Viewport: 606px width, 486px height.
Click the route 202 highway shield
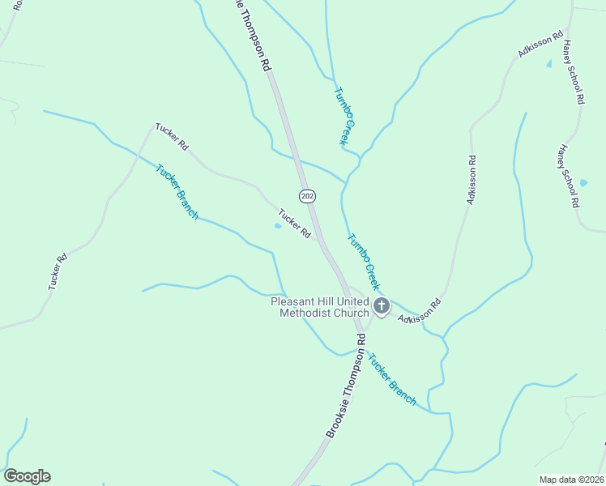tap(307, 196)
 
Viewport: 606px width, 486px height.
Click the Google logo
tap(27, 476)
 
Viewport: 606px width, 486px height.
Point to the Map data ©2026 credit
tap(570, 479)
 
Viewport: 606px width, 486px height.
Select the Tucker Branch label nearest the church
tap(391, 379)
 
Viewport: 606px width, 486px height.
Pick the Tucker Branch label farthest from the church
tap(177, 193)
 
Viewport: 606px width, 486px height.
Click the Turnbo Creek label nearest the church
tap(363, 262)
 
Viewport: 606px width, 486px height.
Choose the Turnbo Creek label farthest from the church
tap(344, 117)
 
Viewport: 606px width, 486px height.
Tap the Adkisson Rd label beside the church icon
tap(420, 311)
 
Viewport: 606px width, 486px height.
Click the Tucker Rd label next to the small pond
tap(295, 224)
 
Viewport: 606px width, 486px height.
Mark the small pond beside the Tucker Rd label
tap(278, 226)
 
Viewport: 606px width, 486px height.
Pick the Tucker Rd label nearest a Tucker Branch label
tap(172, 136)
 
